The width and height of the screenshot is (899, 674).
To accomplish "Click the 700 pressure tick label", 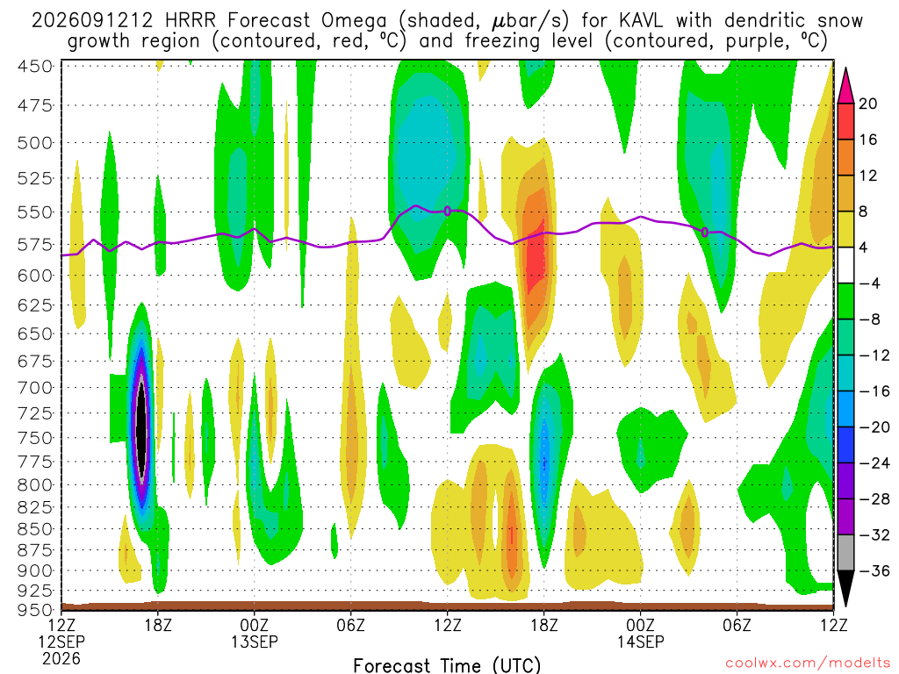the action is point(34,388).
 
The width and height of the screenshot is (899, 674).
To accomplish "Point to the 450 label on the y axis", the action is point(34,67).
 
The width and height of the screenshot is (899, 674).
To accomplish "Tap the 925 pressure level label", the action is point(34,591).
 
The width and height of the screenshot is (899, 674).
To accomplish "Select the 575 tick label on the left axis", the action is point(34,245).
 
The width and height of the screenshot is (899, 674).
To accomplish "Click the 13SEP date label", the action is point(254,642).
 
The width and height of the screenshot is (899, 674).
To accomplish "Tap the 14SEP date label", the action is point(640,642).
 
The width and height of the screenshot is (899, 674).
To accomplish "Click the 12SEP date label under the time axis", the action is point(61,642).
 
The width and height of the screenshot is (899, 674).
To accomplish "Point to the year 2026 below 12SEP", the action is point(61,658).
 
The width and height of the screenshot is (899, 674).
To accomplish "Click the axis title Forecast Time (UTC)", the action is point(447,665).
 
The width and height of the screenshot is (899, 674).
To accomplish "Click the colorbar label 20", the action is point(867,104).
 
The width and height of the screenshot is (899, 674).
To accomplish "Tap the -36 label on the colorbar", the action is point(874,570).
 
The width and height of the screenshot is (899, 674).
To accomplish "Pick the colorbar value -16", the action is point(874,391).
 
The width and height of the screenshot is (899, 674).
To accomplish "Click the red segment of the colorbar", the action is point(845,121).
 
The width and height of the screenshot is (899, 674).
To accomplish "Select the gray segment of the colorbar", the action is point(845,553).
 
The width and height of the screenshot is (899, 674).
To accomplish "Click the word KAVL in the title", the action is point(640,21).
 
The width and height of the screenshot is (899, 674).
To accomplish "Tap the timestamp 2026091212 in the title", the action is point(91,21).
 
